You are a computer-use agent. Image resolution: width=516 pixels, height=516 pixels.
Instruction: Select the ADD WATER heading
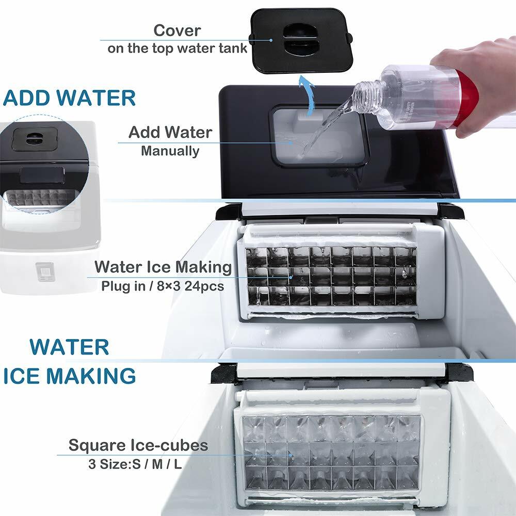70,98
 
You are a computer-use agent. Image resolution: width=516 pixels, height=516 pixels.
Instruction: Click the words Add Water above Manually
170,132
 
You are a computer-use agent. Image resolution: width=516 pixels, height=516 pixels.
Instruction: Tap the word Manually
170,151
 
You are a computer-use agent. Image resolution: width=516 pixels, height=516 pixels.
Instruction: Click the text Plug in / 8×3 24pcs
162,285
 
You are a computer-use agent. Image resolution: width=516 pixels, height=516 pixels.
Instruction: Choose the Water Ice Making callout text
163,267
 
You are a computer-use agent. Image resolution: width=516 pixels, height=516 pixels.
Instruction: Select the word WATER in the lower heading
69,347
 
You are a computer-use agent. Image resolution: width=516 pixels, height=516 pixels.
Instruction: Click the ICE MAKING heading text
70,376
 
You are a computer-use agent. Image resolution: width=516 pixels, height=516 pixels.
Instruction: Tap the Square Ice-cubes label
138,445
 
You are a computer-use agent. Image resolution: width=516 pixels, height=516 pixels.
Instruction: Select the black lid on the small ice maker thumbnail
35,139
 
